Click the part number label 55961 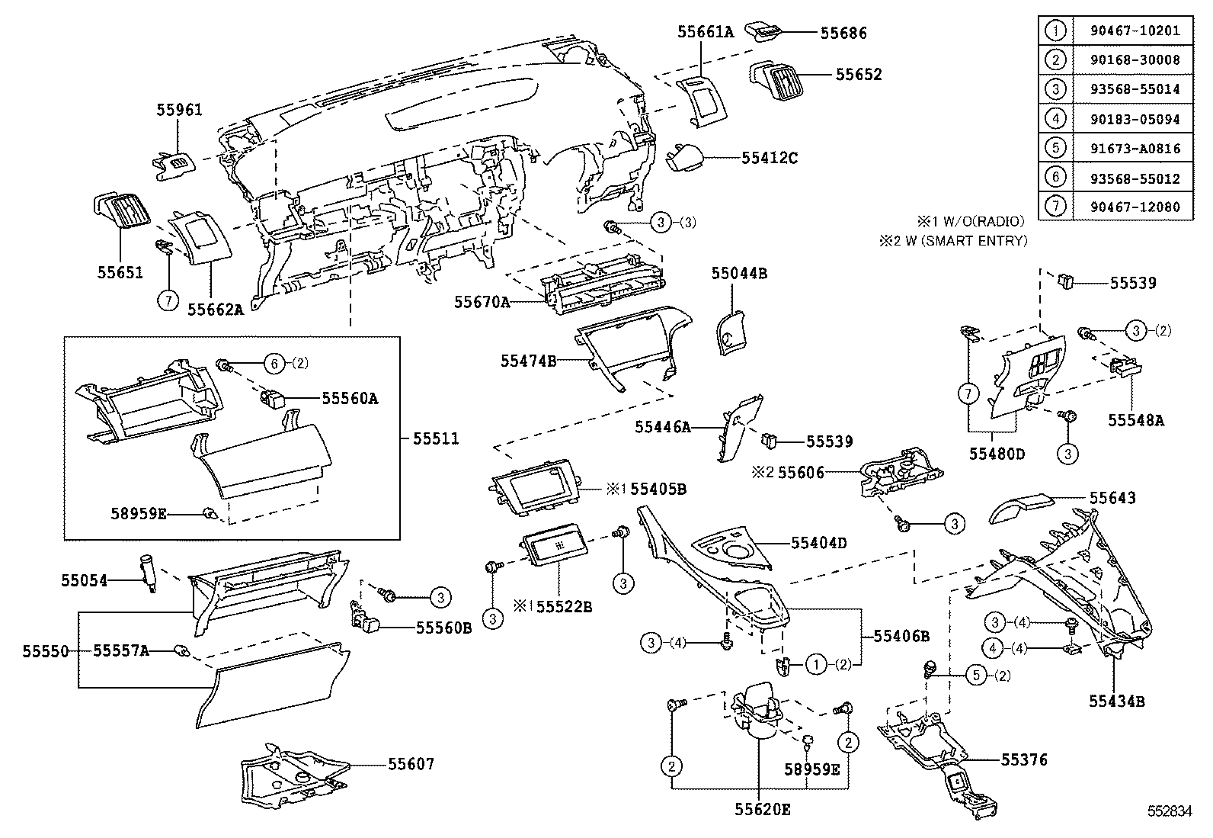click(x=180, y=110)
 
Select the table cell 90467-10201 click(x=1133, y=31)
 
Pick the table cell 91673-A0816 click(x=1133, y=149)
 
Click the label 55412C click(x=770, y=158)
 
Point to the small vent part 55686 click(x=763, y=31)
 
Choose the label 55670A click(x=482, y=302)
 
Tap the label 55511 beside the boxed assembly click(x=436, y=438)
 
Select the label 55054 click(x=84, y=581)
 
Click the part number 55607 click(x=411, y=763)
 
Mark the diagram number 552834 click(x=1170, y=812)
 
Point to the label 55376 click(x=1024, y=759)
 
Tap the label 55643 click(x=1112, y=498)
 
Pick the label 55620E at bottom click(x=762, y=810)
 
